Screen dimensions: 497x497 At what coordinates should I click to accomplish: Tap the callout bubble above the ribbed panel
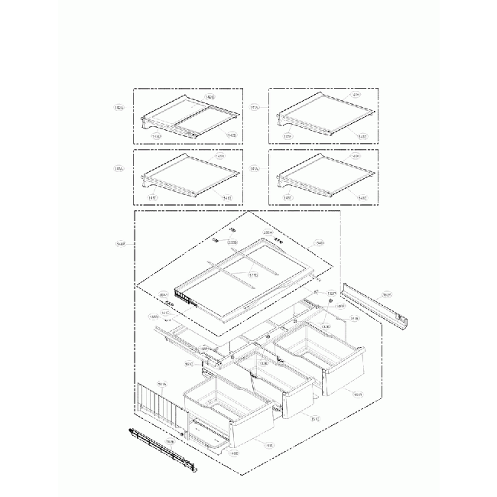(161, 385)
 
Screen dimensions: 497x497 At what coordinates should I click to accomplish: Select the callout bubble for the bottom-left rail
(170, 442)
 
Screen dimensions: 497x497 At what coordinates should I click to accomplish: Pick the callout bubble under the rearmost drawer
(358, 395)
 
